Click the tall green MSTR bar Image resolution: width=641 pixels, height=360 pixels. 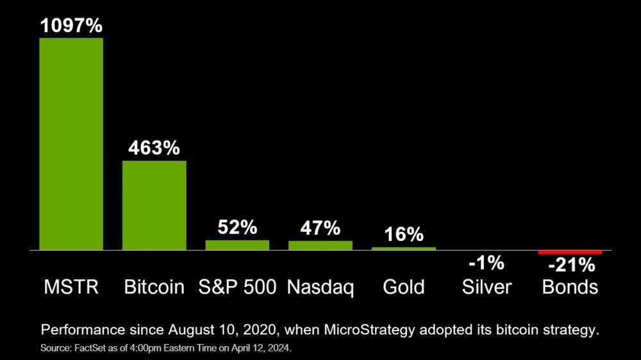pos(71,143)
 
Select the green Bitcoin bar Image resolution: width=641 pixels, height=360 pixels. pos(154,205)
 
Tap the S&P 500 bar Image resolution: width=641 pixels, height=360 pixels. pos(237,245)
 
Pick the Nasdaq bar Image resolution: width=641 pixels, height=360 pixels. pos(320,245)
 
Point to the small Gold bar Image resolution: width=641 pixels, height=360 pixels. pos(404,248)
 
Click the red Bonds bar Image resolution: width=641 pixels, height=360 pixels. pos(570,252)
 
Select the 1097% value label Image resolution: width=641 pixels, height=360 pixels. pos(71,26)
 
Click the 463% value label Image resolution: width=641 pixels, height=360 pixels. pos(154,148)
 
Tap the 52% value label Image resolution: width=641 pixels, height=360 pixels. pos(237,227)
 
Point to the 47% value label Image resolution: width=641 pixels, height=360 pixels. pos(320,228)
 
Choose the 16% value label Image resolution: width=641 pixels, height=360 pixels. pos(404,234)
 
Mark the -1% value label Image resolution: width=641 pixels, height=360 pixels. pos(487,263)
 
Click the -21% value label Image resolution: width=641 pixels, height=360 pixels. pos(570,265)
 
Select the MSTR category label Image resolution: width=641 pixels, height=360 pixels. pos(71,287)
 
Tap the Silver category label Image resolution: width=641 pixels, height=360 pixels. pos(487,287)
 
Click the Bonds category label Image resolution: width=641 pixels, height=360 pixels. pos(570,287)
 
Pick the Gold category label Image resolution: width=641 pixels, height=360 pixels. pos(404,287)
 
